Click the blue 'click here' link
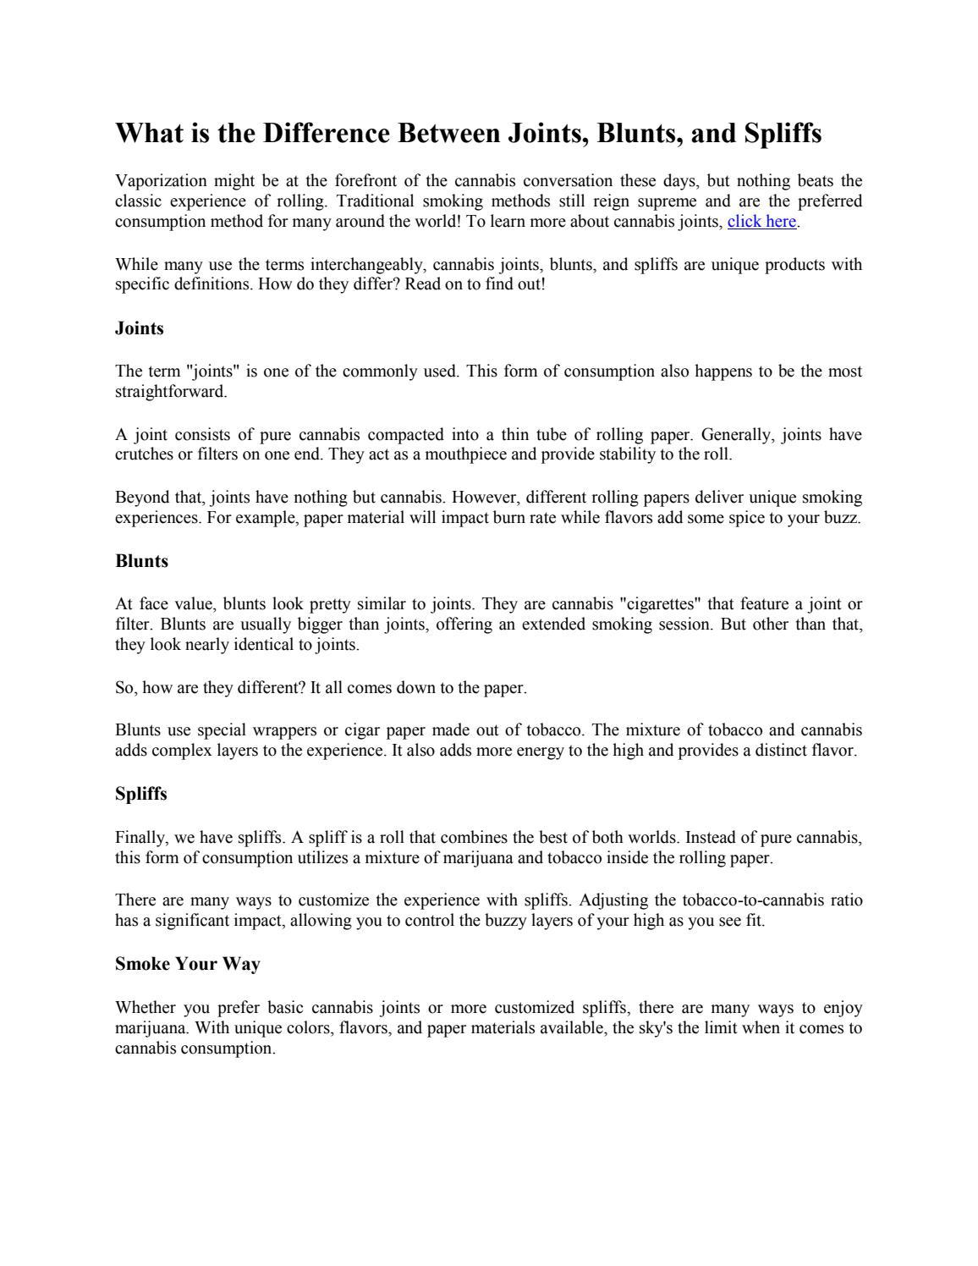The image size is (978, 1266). pyautogui.click(x=761, y=222)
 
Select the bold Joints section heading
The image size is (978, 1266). pyautogui.click(x=140, y=328)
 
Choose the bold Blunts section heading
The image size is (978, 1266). pyautogui.click(x=141, y=561)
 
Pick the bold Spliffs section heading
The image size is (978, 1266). pyautogui.click(x=141, y=794)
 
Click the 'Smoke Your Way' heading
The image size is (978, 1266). pyautogui.click(x=187, y=964)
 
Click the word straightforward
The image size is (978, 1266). pyautogui.click(x=170, y=392)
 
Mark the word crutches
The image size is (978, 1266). pyautogui.click(x=145, y=454)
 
